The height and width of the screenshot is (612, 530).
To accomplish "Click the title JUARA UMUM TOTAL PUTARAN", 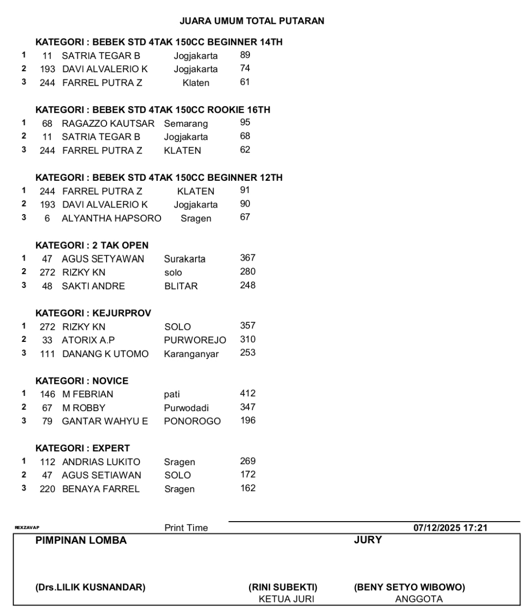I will (252, 21).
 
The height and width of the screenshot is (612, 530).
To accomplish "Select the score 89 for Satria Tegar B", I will (245, 55).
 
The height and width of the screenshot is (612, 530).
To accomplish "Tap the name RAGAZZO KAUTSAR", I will (108, 123).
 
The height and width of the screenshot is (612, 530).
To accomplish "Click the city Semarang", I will (186, 123).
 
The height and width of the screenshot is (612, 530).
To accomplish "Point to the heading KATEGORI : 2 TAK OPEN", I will (92, 245).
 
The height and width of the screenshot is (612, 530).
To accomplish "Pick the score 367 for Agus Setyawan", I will (248, 258).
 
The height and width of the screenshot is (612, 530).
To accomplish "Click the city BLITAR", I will (181, 286).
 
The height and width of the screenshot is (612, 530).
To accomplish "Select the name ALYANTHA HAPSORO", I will (111, 218).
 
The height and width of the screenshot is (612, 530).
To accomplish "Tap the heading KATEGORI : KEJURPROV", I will (93, 313).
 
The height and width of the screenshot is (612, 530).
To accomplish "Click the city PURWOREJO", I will (195, 340).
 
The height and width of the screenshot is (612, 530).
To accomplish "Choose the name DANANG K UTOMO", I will (105, 354).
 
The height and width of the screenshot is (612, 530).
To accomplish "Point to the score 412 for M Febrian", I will (248, 393).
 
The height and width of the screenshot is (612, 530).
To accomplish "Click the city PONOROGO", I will (192, 421).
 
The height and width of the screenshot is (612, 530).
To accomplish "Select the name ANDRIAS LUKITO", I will (101, 462).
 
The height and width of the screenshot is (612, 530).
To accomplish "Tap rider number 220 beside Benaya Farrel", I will (47, 489).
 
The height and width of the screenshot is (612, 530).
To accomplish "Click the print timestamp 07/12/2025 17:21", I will (450, 528).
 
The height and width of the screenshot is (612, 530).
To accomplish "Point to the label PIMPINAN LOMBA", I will (81, 540).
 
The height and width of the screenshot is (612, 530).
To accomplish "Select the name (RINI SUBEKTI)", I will (283, 587).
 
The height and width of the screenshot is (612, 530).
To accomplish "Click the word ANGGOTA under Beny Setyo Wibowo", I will (419, 599).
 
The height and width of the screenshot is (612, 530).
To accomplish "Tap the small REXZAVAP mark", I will (27, 528).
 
